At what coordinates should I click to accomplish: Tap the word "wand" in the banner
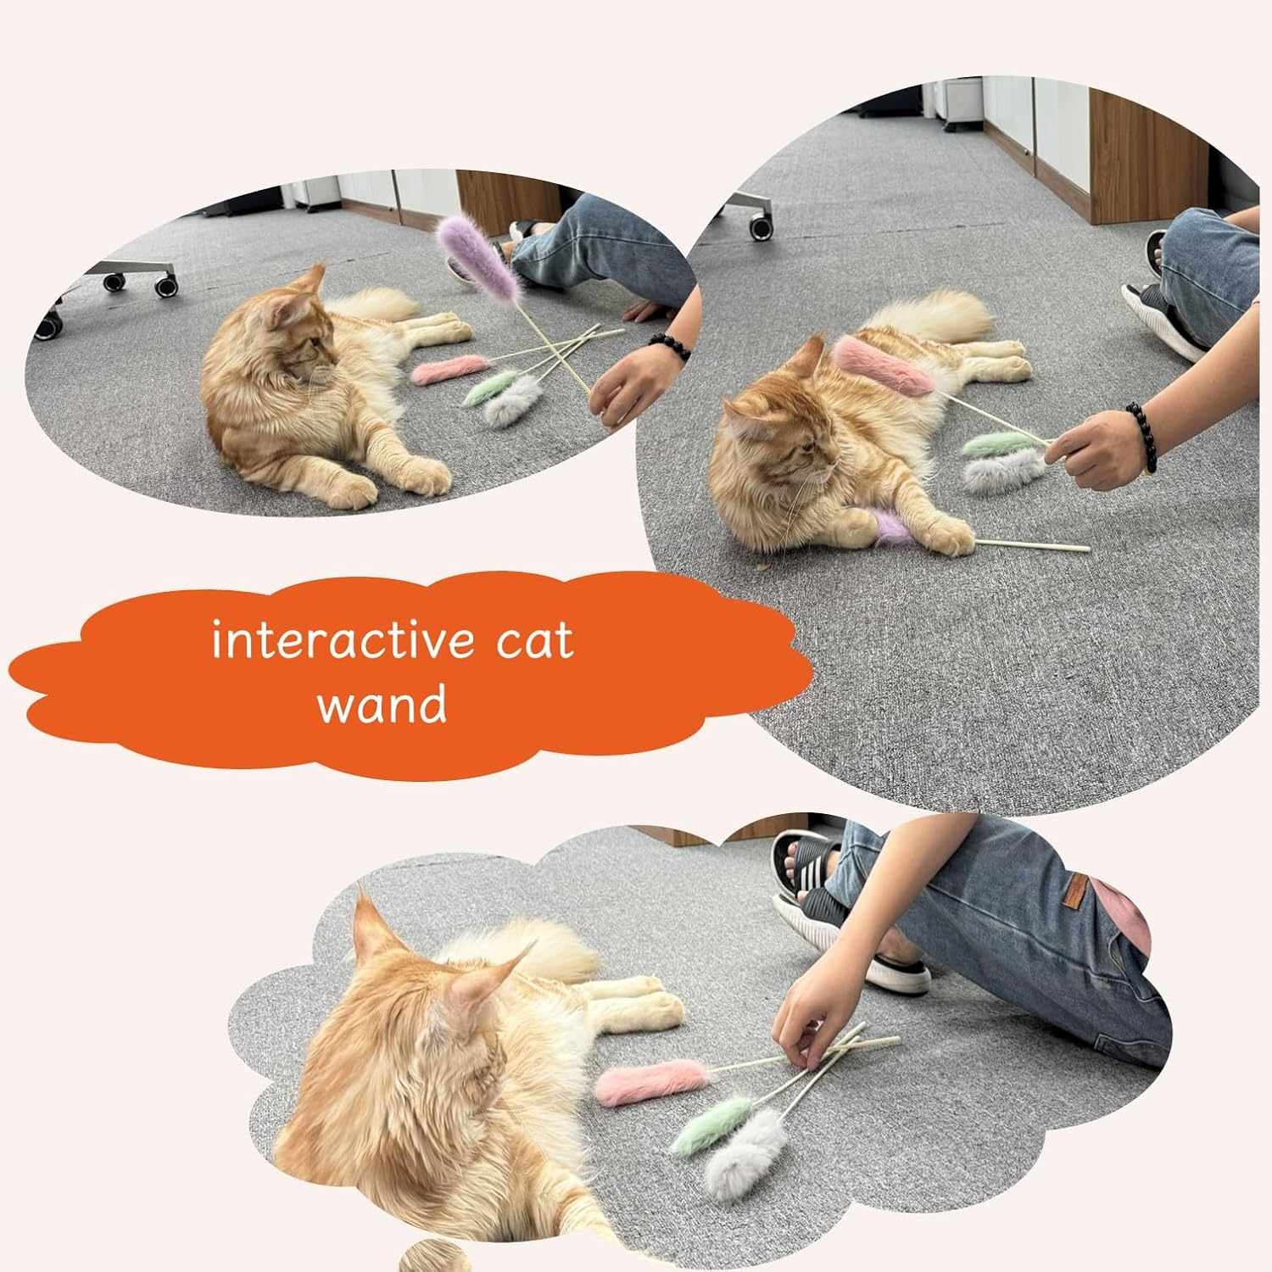pyautogui.click(x=382, y=705)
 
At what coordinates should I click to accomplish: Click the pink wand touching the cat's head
pyautogui.click(x=882, y=365)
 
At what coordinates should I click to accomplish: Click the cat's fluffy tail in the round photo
pyautogui.click(x=933, y=315)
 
